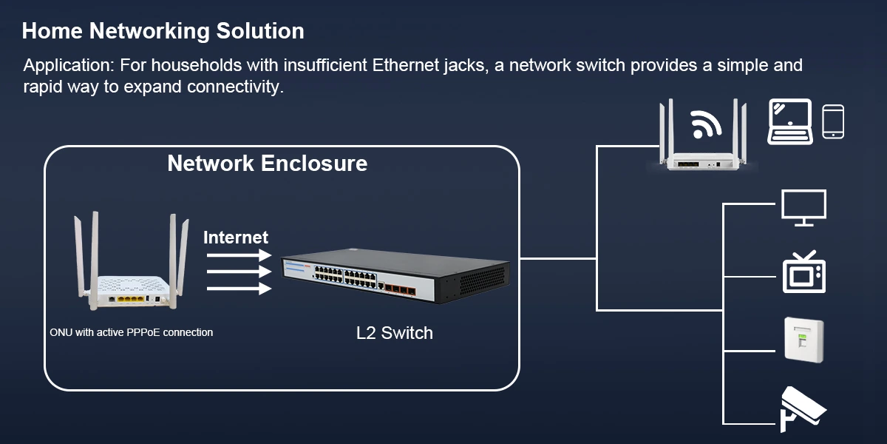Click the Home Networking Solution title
tap(163, 31)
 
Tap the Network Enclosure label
tap(267, 163)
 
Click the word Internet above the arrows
tap(235, 238)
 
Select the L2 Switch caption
tap(394, 333)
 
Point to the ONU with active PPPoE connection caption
tap(131, 332)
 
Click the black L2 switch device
tap(395, 277)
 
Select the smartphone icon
tap(833, 121)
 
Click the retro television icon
tap(804, 272)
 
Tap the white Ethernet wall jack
tap(803, 340)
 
